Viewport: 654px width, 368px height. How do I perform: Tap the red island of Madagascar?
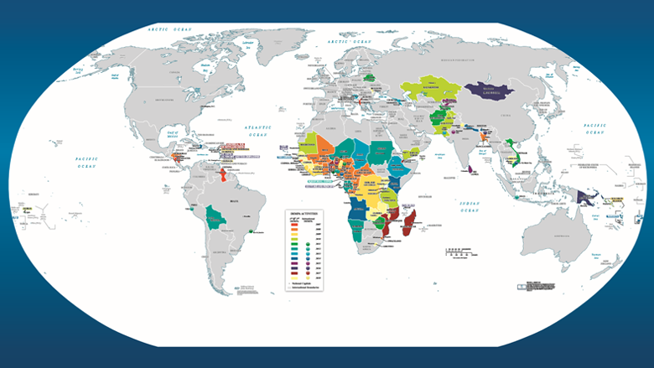411,225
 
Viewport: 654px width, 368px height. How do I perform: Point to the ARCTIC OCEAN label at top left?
167,29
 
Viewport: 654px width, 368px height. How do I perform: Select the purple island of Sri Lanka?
471,170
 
